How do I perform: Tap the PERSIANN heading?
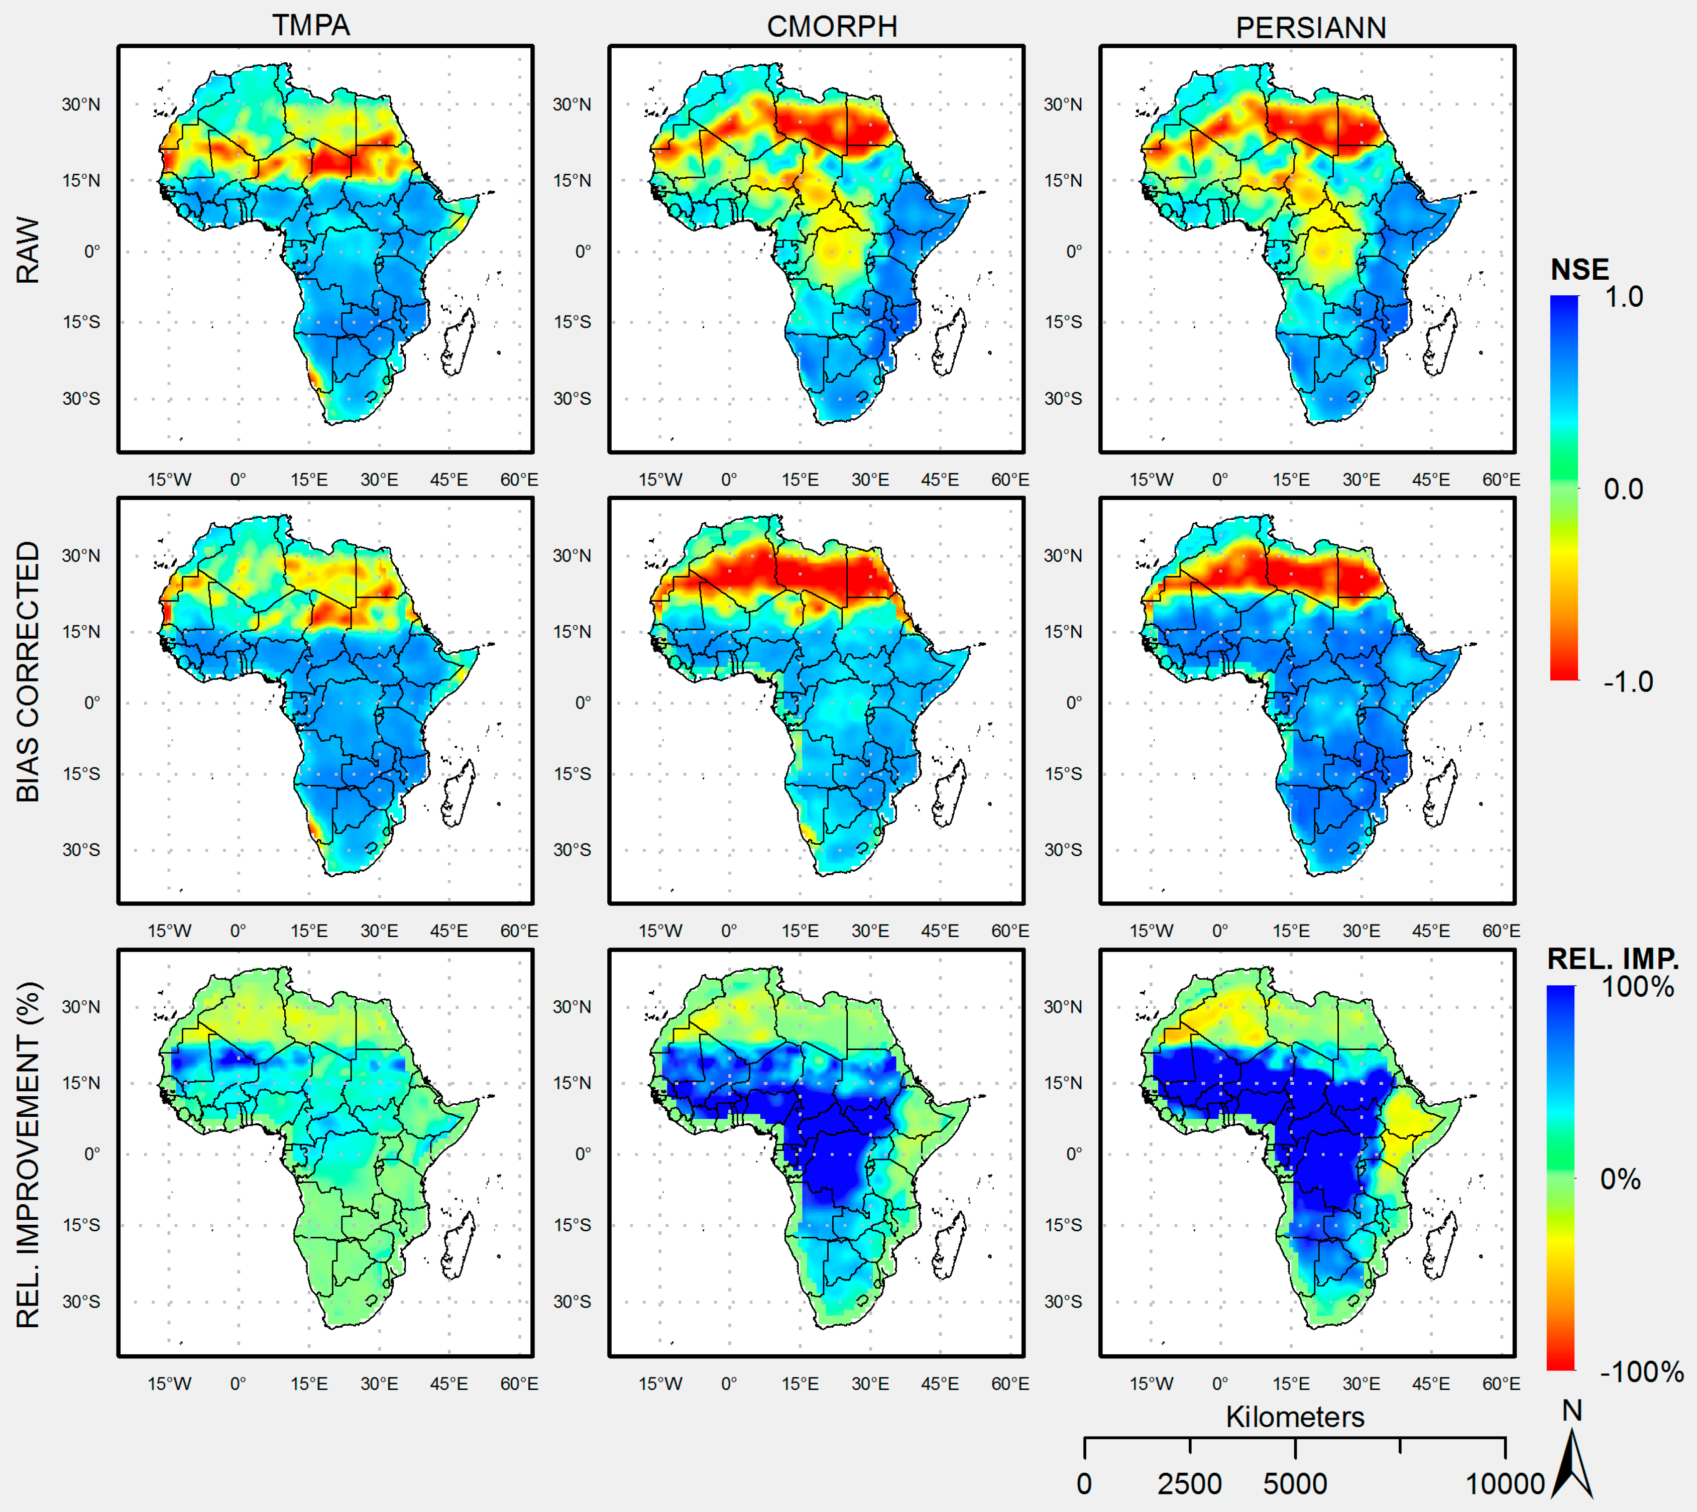(x=1311, y=28)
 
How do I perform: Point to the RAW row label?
(x=28, y=251)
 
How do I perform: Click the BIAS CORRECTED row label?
(x=28, y=671)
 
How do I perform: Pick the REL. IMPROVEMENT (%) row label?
(x=28, y=1155)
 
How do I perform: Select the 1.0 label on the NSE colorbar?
(x=1623, y=297)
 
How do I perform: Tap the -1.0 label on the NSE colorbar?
(x=1627, y=682)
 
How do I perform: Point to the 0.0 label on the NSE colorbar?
(x=1623, y=489)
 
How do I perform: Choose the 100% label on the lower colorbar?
(x=1637, y=987)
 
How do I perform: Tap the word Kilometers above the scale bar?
(x=1295, y=1417)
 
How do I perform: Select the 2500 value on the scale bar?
(x=1189, y=1484)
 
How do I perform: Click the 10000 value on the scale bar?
(x=1504, y=1484)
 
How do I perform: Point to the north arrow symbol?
(x=1572, y=1466)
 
